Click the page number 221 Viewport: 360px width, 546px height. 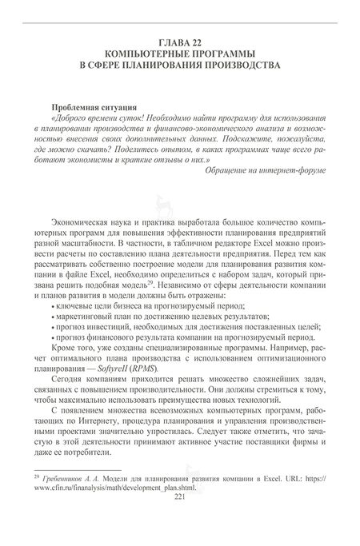pos(179,496)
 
